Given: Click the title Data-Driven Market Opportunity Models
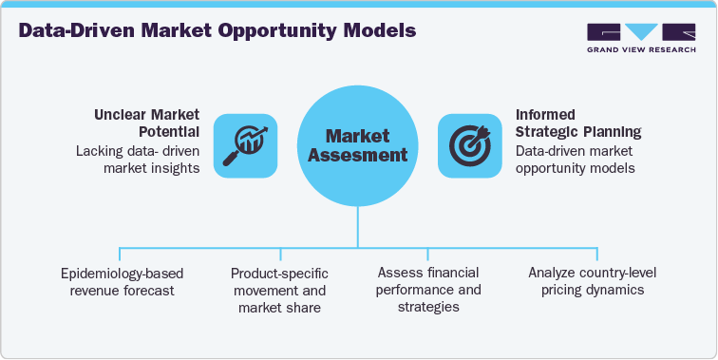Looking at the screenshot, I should pyautogui.click(x=217, y=30).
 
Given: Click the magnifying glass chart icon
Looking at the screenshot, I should pyautogui.click(x=245, y=145).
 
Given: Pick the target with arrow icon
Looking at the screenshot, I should pyautogui.click(x=469, y=145).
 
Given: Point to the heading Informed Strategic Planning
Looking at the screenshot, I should pyautogui.click(x=577, y=123).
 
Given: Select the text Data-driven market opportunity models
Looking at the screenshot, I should pyautogui.click(x=575, y=159).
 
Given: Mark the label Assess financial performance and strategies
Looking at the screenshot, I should pyautogui.click(x=428, y=290).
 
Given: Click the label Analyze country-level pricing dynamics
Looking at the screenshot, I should pyautogui.click(x=592, y=282).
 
